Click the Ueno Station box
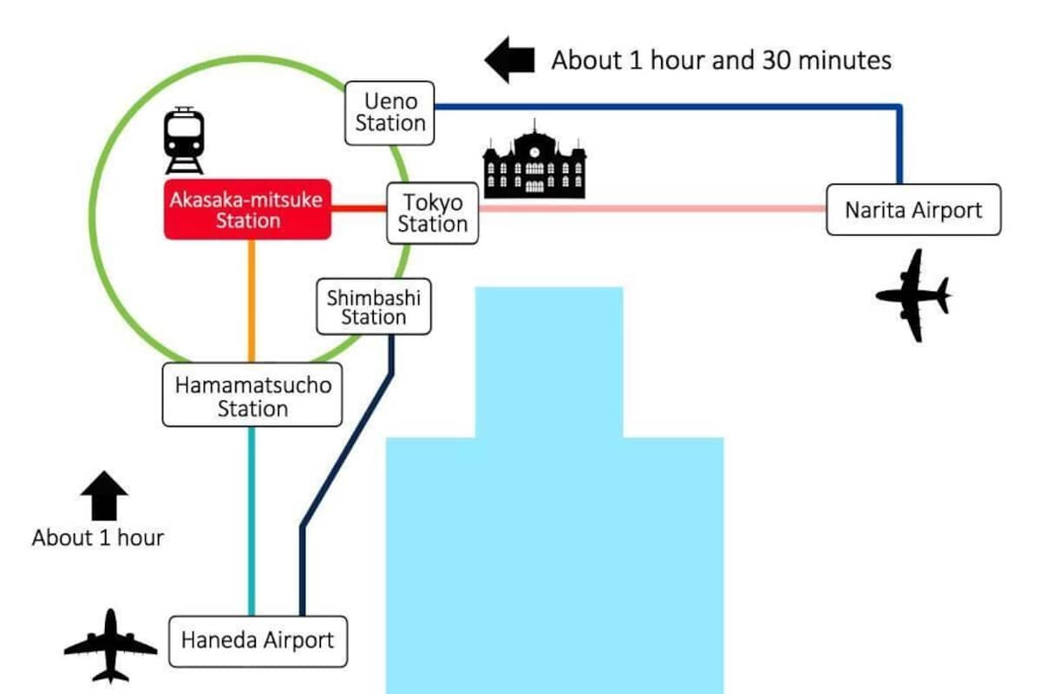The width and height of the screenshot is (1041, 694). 390,113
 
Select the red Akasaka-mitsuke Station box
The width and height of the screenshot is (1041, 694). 248,209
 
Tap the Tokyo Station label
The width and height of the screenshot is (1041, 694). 432,213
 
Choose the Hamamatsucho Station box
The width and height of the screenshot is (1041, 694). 252,396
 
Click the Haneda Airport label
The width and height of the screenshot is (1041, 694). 257,641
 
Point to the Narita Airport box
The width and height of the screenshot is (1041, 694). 913,210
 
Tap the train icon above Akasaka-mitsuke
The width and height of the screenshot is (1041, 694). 184,140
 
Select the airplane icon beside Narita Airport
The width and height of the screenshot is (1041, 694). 913,295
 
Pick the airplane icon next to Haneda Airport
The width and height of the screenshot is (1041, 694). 110,645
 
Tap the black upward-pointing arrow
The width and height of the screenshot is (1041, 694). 104,496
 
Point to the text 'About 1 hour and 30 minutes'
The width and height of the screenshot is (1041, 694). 721,61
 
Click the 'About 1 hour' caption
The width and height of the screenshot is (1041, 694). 98,538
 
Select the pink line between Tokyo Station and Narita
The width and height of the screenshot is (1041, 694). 651,208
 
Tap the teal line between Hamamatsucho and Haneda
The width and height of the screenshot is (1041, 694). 252,520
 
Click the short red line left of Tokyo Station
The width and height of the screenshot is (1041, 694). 358,208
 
